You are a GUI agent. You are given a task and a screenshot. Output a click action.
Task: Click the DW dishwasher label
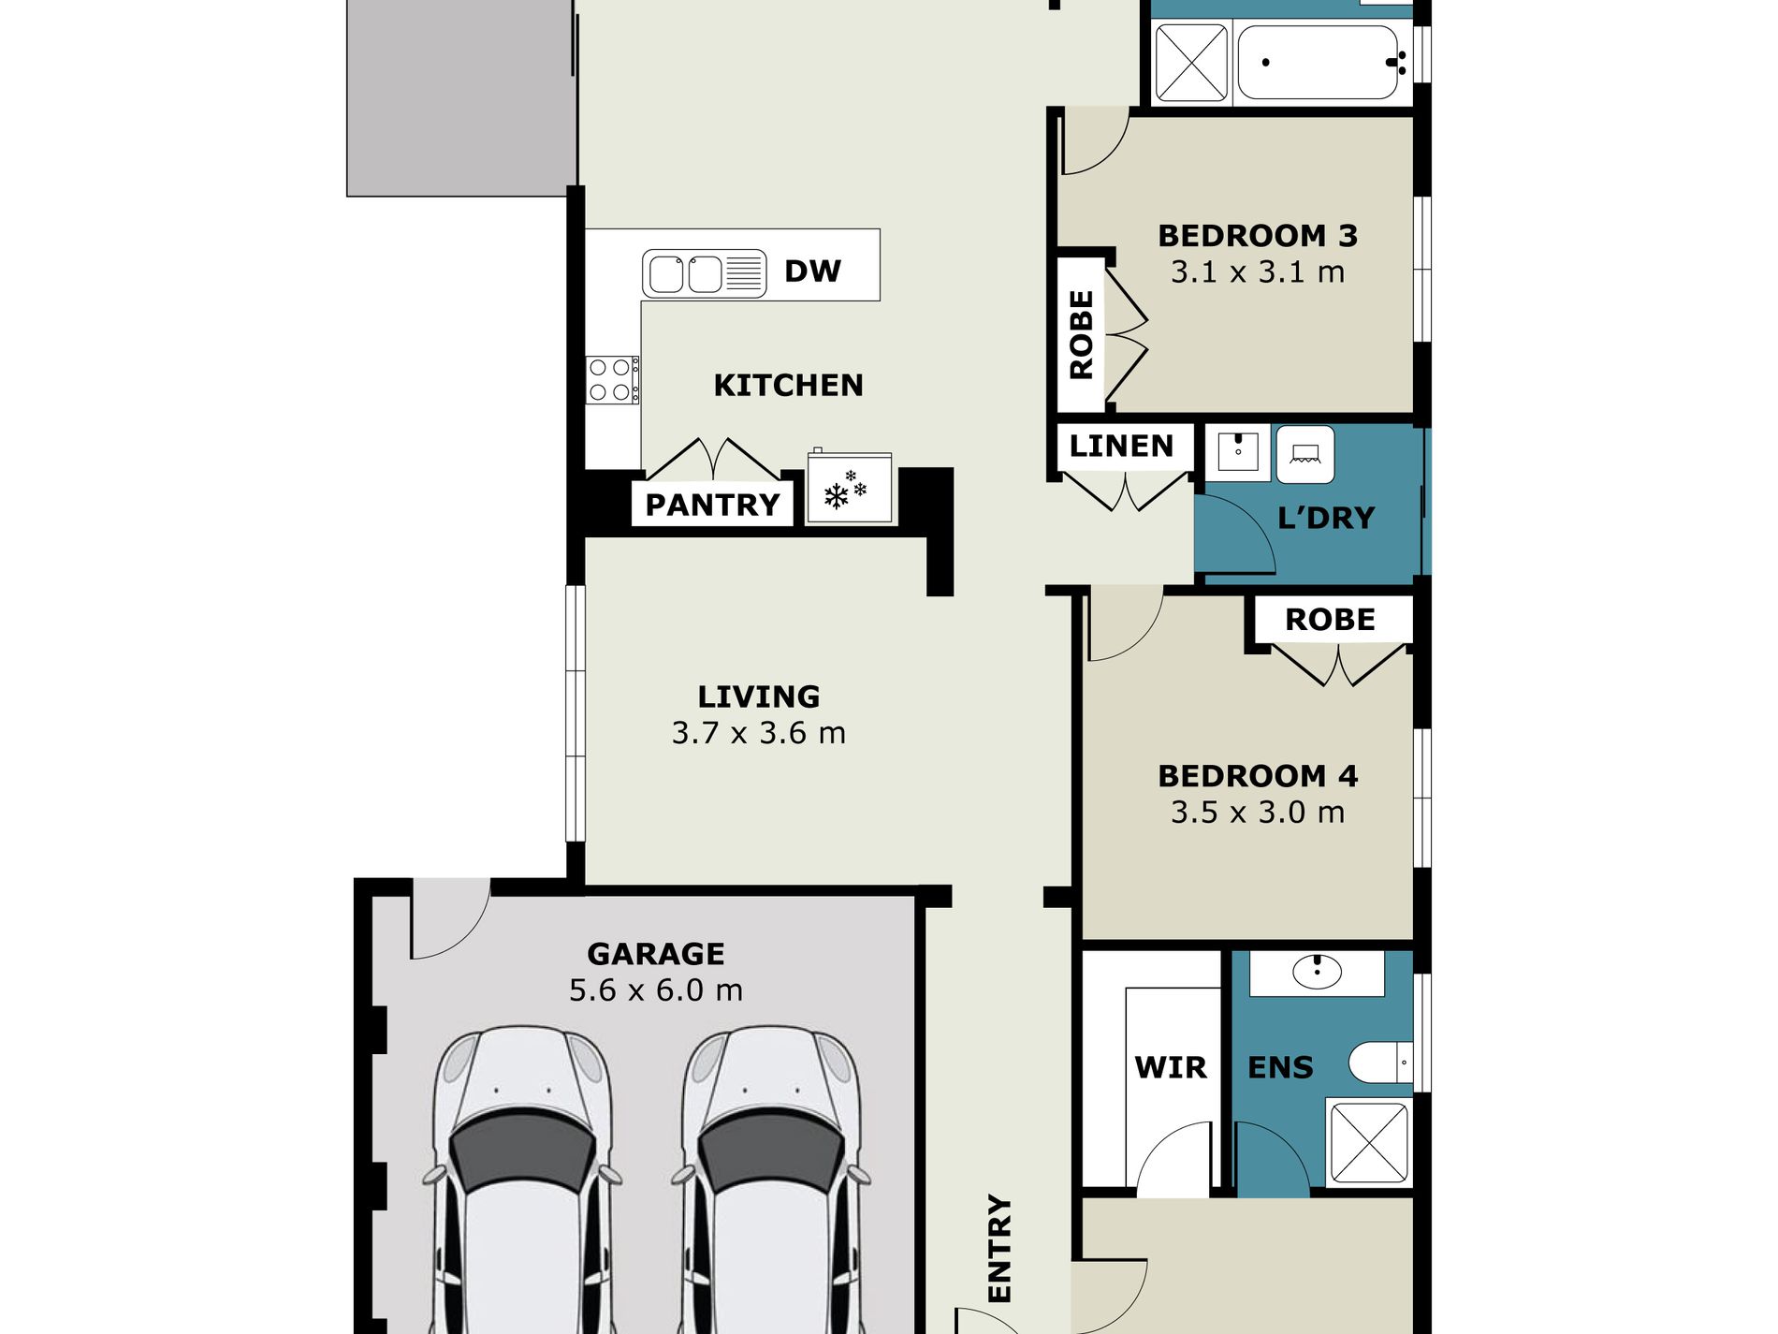812,271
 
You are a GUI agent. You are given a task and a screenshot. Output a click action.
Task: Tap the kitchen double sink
704,274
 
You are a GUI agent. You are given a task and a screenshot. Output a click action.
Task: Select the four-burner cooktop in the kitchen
613,380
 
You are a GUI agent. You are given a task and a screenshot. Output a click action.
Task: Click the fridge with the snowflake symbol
850,487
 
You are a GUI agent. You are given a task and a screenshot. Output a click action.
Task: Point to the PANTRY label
712,505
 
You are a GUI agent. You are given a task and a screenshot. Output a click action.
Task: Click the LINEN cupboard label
1121,446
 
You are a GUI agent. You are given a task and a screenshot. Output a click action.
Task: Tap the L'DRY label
1326,518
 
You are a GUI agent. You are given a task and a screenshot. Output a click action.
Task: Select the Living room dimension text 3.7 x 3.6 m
759,733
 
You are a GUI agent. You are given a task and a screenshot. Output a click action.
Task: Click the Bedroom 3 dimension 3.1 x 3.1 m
1258,272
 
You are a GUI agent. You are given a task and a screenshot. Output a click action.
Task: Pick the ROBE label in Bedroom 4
1330,620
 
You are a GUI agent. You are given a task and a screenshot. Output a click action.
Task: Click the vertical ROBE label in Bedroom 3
1082,334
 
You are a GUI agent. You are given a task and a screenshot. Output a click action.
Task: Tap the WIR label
1171,1067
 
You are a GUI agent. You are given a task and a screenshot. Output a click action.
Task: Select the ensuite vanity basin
1317,972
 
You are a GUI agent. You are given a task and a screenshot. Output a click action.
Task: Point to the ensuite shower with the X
1369,1142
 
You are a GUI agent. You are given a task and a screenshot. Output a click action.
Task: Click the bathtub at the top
1323,62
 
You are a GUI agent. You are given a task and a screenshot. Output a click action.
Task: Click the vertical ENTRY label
1000,1248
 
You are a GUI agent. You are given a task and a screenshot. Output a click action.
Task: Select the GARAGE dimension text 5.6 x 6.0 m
656,990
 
